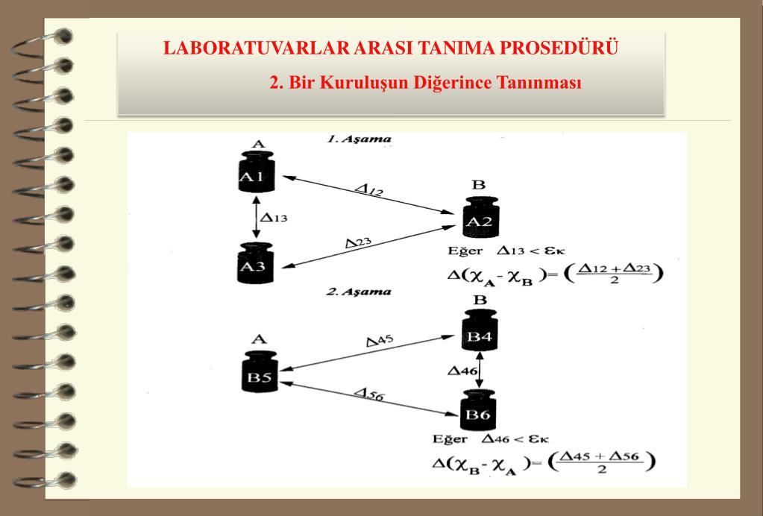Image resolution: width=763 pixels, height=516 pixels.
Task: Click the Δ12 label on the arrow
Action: click(368, 190)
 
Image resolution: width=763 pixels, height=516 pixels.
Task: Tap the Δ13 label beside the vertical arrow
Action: click(272, 218)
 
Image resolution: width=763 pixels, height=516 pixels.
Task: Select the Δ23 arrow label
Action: click(358, 243)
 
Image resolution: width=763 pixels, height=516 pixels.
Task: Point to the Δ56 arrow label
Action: click(368, 395)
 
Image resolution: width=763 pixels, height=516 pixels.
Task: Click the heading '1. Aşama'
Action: click(359, 139)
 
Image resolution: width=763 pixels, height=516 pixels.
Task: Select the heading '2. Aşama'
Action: click(359, 292)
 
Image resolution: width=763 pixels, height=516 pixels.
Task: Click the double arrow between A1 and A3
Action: click(256, 218)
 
